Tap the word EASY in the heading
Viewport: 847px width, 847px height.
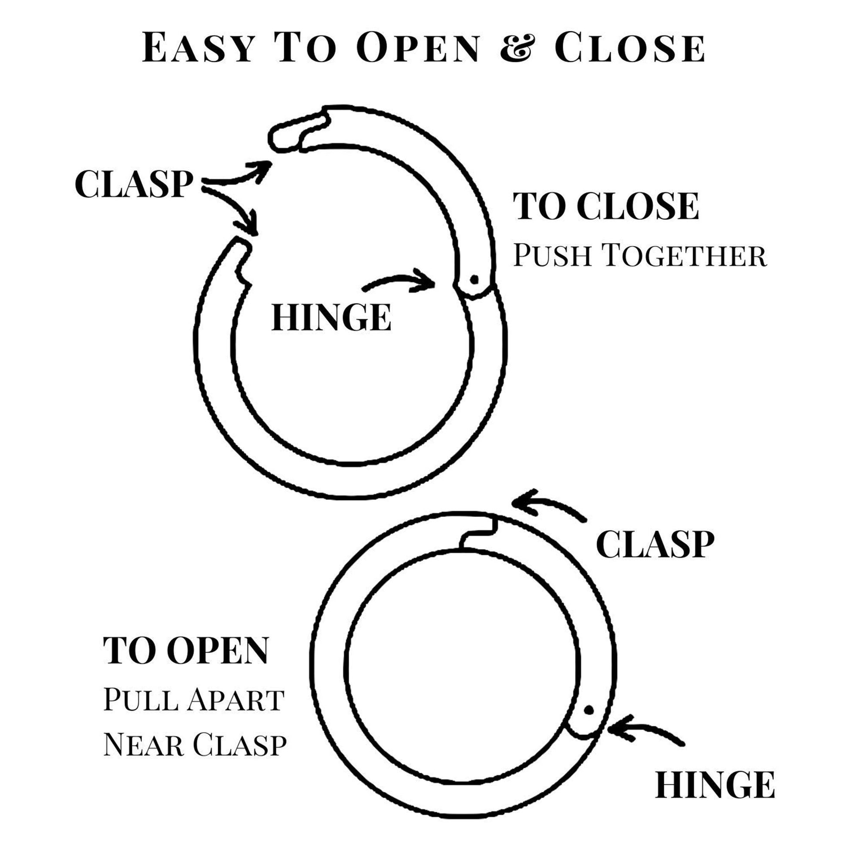[x=198, y=47]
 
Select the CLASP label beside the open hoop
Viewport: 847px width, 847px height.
[x=134, y=184]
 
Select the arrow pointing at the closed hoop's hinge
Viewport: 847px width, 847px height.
[x=645, y=733]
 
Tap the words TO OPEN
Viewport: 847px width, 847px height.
[x=185, y=650]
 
